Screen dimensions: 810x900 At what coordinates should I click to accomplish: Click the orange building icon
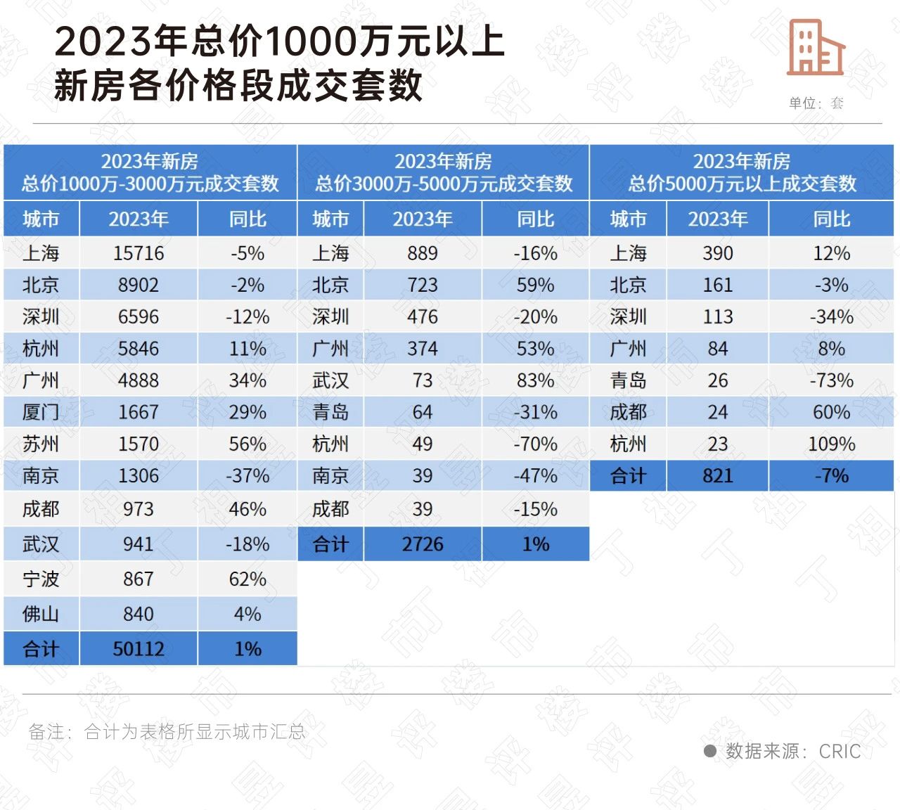tap(815, 48)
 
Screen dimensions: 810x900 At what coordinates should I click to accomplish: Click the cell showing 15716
tap(139, 253)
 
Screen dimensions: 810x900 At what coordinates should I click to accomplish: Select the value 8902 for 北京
tap(139, 285)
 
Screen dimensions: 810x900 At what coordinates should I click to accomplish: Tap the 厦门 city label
tap(41, 412)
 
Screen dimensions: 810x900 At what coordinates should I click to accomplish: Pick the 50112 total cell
tap(139, 649)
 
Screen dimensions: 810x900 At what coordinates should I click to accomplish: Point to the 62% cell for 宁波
tap(247, 579)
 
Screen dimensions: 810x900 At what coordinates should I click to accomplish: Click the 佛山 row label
tap(41, 615)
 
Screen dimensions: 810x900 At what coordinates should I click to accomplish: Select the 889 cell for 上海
tap(423, 253)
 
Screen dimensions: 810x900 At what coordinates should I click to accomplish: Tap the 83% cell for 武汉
tap(536, 380)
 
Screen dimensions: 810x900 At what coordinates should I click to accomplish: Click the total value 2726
tap(423, 544)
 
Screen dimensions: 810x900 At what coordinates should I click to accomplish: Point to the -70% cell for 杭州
tap(536, 444)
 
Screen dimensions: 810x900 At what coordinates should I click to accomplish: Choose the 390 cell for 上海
tap(718, 253)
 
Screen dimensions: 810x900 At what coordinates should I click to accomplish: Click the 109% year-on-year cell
tap(832, 444)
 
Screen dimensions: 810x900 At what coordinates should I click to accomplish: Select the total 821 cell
tap(718, 476)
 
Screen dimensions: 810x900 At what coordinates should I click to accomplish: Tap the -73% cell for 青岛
tap(832, 380)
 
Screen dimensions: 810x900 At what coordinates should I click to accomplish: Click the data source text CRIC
tap(840, 752)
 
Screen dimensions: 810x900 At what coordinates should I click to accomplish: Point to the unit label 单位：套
tap(816, 103)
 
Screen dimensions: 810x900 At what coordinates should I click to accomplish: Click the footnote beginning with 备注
tap(167, 732)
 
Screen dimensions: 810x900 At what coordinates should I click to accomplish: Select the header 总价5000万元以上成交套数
tap(742, 184)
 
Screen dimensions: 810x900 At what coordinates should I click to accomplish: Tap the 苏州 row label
tap(41, 444)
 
